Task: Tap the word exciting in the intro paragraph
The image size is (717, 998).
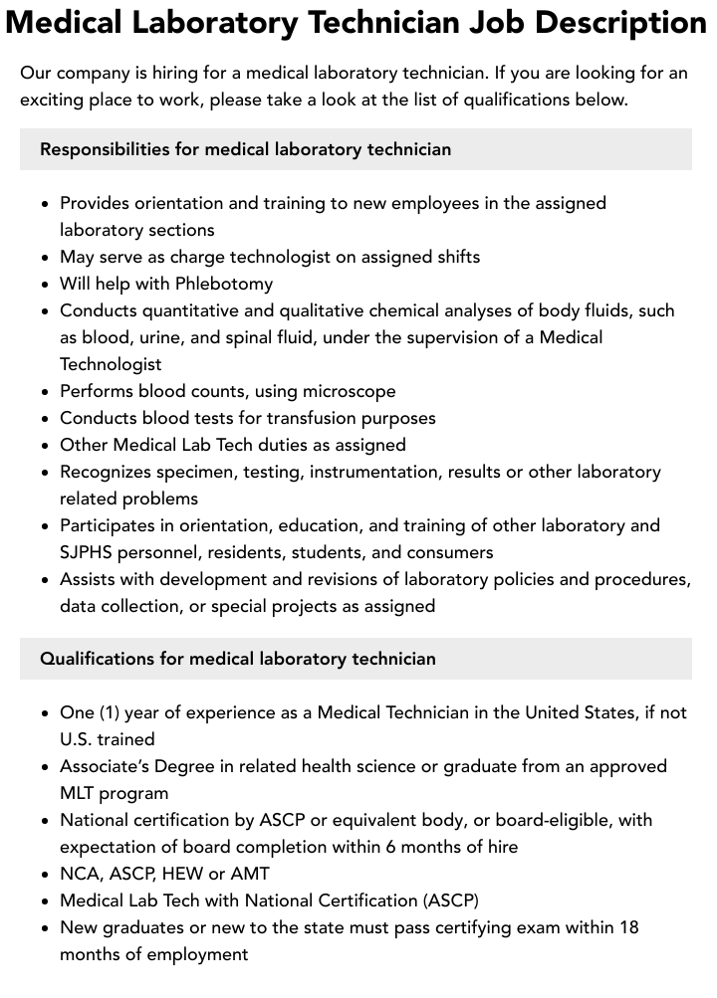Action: pyautogui.click(x=53, y=100)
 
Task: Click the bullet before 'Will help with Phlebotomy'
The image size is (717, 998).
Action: pyautogui.click(x=46, y=285)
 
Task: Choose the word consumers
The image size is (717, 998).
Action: pyautogui.click(x=444, y=552)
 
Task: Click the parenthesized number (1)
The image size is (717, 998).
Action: pyautogui.click(x=111, y=712)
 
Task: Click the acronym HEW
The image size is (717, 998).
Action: pyautogui.click(x=180, y=874)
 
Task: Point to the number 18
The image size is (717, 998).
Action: pyautogui.click(x=627, y=927)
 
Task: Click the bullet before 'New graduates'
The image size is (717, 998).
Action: pyautogui.click(x=46, y=928)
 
